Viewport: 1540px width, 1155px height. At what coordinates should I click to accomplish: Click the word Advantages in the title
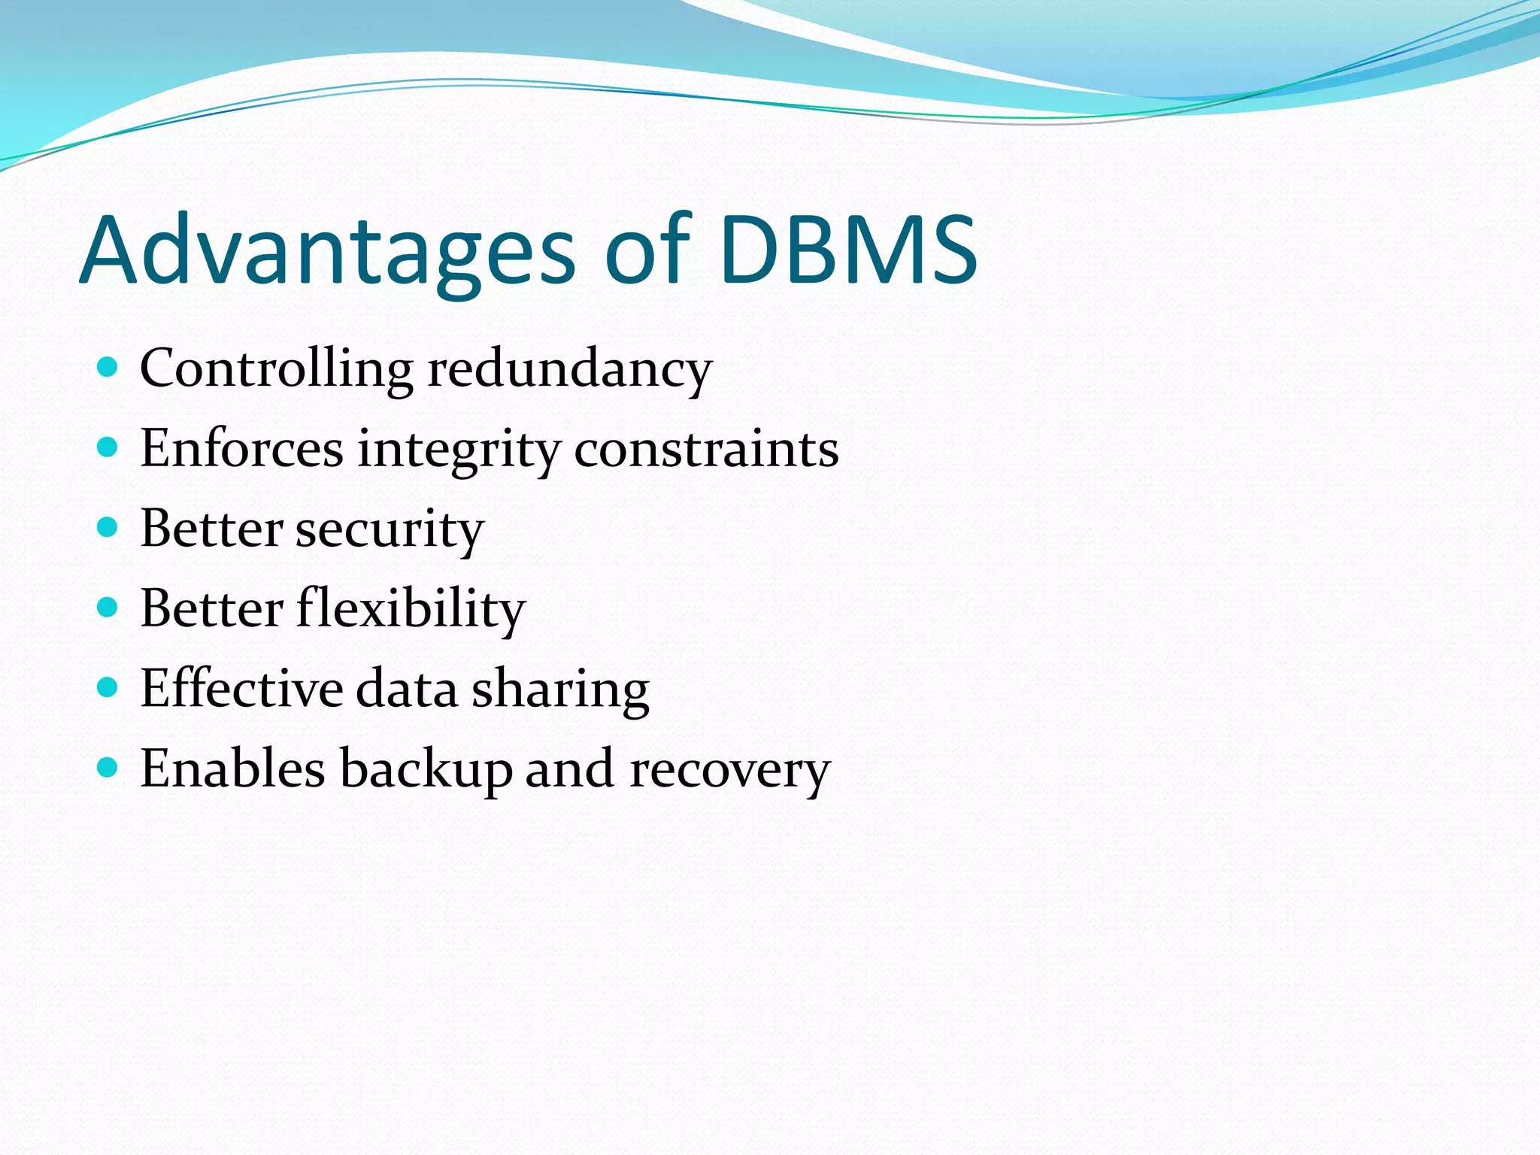327,252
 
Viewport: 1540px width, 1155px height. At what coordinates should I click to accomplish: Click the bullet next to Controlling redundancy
108,368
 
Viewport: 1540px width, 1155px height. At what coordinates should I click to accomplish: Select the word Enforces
241,449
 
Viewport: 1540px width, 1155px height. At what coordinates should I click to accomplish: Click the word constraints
706,449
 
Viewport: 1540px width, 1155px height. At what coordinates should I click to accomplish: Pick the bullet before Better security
108,528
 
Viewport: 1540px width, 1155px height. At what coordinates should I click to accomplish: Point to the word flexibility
411,609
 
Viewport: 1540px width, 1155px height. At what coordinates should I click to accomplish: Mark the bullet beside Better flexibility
108,608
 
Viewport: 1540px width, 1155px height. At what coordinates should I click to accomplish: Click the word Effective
241,689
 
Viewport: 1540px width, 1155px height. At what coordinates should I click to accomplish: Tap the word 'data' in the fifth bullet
406,689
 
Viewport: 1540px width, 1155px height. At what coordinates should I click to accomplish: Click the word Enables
232,769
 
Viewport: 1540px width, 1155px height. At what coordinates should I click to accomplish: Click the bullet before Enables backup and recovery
108,768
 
